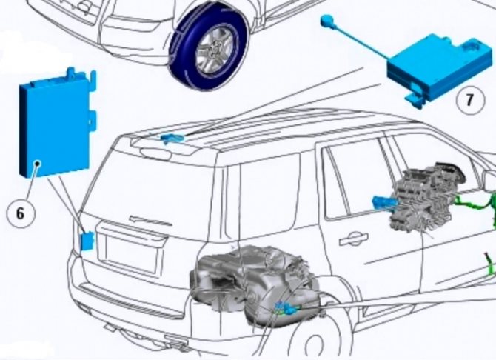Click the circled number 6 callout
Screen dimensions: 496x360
click(20, 213)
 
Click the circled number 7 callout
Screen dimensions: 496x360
click(470, 100)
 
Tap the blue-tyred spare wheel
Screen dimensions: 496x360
click(208, 47)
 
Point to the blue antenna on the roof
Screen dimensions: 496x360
click(172, 139)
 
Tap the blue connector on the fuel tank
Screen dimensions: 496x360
click(287, 309)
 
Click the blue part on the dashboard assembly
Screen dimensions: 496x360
click(383, 203)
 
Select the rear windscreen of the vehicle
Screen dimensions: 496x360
click(155, 184)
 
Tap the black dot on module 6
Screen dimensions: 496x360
click(38, 164)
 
